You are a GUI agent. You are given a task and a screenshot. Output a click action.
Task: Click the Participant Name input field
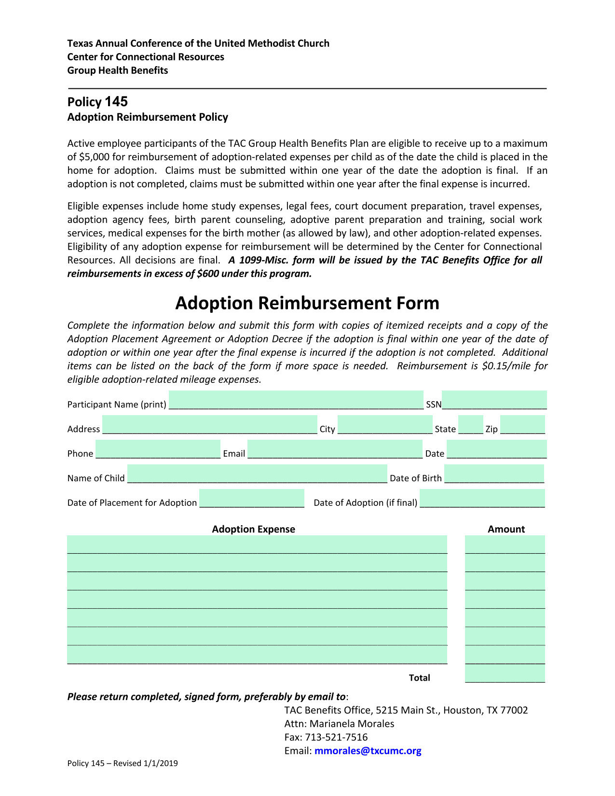point(296,400)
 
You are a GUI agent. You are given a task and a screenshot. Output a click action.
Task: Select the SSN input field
point(494,400)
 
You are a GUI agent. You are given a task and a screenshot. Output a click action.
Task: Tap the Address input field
point(209,425)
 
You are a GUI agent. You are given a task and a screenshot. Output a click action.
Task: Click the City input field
point(384,425)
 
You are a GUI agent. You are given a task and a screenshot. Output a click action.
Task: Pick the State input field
point(470,425)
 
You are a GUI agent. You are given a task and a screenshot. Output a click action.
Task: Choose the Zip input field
point(522,425)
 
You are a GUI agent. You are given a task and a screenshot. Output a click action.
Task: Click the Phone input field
point(158,449)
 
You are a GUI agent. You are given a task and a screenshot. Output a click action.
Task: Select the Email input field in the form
point(335,449)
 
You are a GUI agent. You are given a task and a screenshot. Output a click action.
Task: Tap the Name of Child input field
point(257,474)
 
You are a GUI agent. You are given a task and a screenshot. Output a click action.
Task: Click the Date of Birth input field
point(494,474)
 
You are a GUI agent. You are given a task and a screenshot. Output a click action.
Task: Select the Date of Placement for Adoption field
point(252,499)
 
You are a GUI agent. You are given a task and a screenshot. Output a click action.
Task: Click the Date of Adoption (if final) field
point(482,499)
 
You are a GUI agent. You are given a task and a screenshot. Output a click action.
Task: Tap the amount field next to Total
point(505,674)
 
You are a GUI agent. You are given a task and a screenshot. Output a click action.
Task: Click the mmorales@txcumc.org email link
point(368,751)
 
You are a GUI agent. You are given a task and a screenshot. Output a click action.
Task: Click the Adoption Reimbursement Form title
point(307,303)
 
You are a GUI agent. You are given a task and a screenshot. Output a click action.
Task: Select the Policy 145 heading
point(97,102)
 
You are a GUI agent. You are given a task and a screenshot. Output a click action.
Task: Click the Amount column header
point(506,530)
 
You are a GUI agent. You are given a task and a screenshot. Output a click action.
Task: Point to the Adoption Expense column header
point(253,530)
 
